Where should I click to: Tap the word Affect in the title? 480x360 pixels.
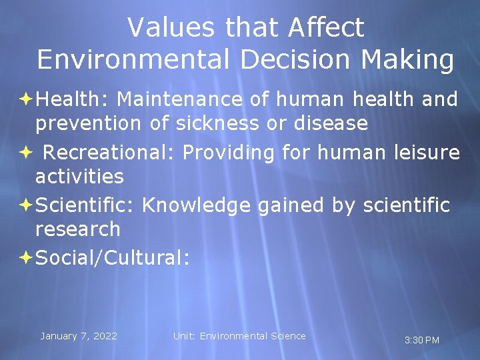click(327, 27)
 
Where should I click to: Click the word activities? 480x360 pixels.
click(79, 177)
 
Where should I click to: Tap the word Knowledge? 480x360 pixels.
click(198, 205)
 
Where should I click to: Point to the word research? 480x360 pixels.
click(78, 229)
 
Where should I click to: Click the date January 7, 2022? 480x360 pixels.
click(79, 336)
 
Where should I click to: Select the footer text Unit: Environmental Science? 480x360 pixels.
click(239, 336)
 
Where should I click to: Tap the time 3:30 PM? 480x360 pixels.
click(422, 341)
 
